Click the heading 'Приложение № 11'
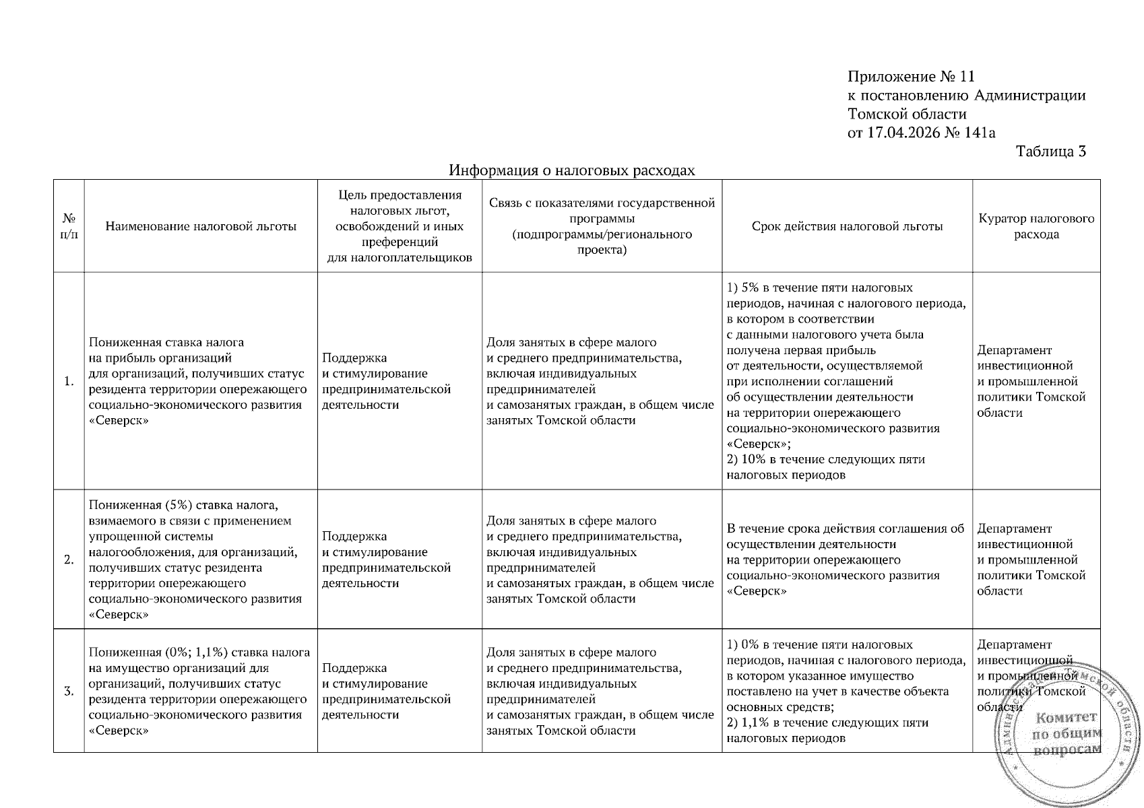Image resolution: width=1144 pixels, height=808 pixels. point(911,76)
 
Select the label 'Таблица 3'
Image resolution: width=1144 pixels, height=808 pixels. point(1051,151)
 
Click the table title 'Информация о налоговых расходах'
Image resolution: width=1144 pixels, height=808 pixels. point(572,170)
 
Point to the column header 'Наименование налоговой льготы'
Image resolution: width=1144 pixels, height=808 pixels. point(201,226)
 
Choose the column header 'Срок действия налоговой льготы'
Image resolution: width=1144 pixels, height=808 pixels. point(847,226)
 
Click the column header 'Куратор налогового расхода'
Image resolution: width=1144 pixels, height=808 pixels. point(1036,226)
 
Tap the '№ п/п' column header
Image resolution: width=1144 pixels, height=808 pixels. point(69,226)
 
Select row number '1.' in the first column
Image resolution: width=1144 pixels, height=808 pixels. point(69,382)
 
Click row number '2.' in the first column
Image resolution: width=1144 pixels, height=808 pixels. point(69,560)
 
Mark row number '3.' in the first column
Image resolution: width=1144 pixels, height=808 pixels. point(69,691)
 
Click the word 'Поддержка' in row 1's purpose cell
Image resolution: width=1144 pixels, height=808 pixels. point(354,358)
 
